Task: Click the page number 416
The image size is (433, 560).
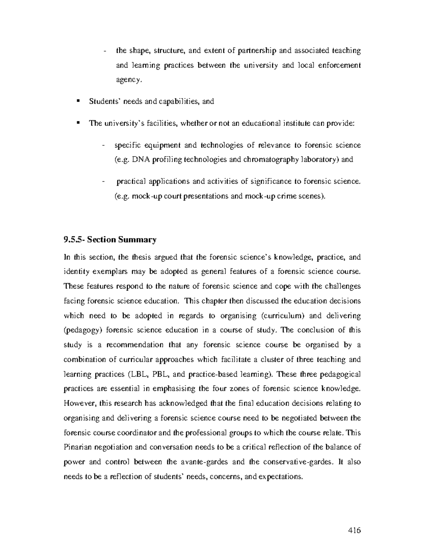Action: [x=354, y=530]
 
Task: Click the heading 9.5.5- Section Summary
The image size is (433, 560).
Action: [x=110, y=239]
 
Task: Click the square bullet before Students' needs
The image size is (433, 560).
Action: [x=78, y=101]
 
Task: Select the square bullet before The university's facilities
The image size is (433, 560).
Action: [x=78, y=123]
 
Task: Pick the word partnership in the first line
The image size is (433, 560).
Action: [x=257, y=50]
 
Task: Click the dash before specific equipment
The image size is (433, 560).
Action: [x=104, y=145]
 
